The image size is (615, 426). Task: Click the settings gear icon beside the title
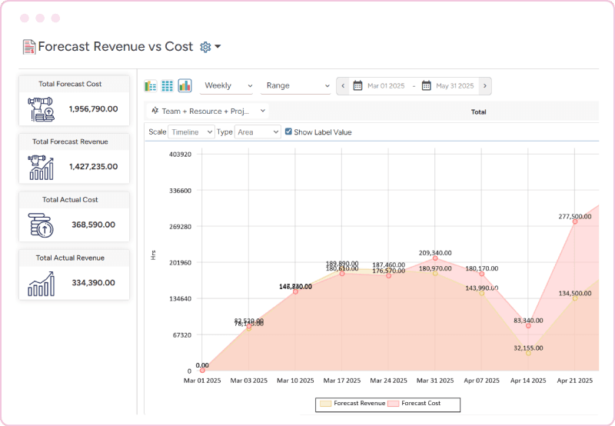tap(205, 47)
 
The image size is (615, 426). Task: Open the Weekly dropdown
tap(228, 86)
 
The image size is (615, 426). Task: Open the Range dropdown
tap(295, 86)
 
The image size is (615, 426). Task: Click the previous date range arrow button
tap(343, 86)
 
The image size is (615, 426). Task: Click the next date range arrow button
tap(485, 86)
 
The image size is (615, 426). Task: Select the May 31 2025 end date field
tap(454, 86)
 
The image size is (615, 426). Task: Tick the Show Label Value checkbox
tap(288, 132)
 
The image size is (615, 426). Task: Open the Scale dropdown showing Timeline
tap(191, 132)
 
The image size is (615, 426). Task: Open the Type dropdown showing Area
tap(258, 132)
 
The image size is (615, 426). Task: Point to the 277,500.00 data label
tap(574, 217)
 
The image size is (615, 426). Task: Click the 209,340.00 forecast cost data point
tap(435, 258)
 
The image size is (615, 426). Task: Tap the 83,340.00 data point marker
tap(528, 326)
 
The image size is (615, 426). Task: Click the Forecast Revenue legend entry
tap(352, 403)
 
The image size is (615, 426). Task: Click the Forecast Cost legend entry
tap(419, 403)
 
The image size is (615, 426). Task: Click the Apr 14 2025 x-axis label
tap(528, 381)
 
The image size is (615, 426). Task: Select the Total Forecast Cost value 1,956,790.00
tap(92, 110)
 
